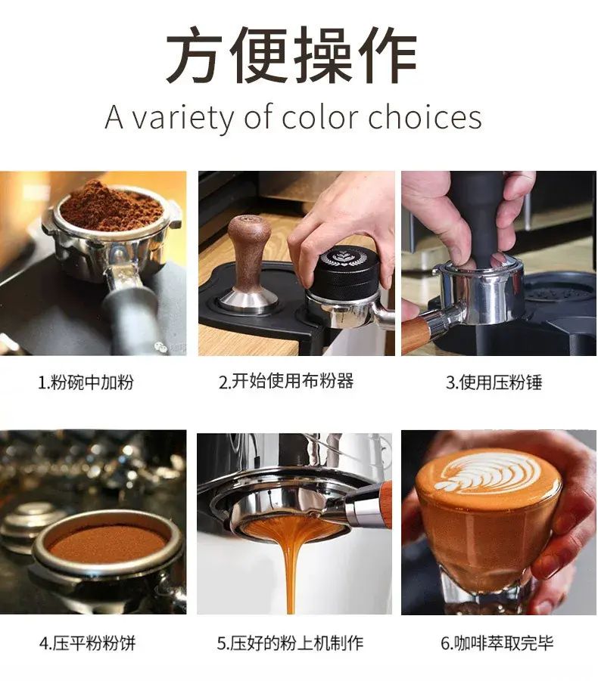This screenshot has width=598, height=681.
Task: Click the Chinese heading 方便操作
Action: point(291,54)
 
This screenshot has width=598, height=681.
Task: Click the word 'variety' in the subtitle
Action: point(183,117)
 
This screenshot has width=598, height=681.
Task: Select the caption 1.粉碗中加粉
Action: point(86,382)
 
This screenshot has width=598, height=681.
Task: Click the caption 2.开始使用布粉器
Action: point(286,381)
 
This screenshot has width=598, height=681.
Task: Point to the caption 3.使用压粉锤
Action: point(494,382)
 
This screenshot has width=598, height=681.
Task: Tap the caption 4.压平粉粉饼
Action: point(87,643)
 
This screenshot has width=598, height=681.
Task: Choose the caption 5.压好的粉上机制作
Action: point(290,642)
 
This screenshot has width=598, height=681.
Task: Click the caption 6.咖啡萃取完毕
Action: point(497,642)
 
